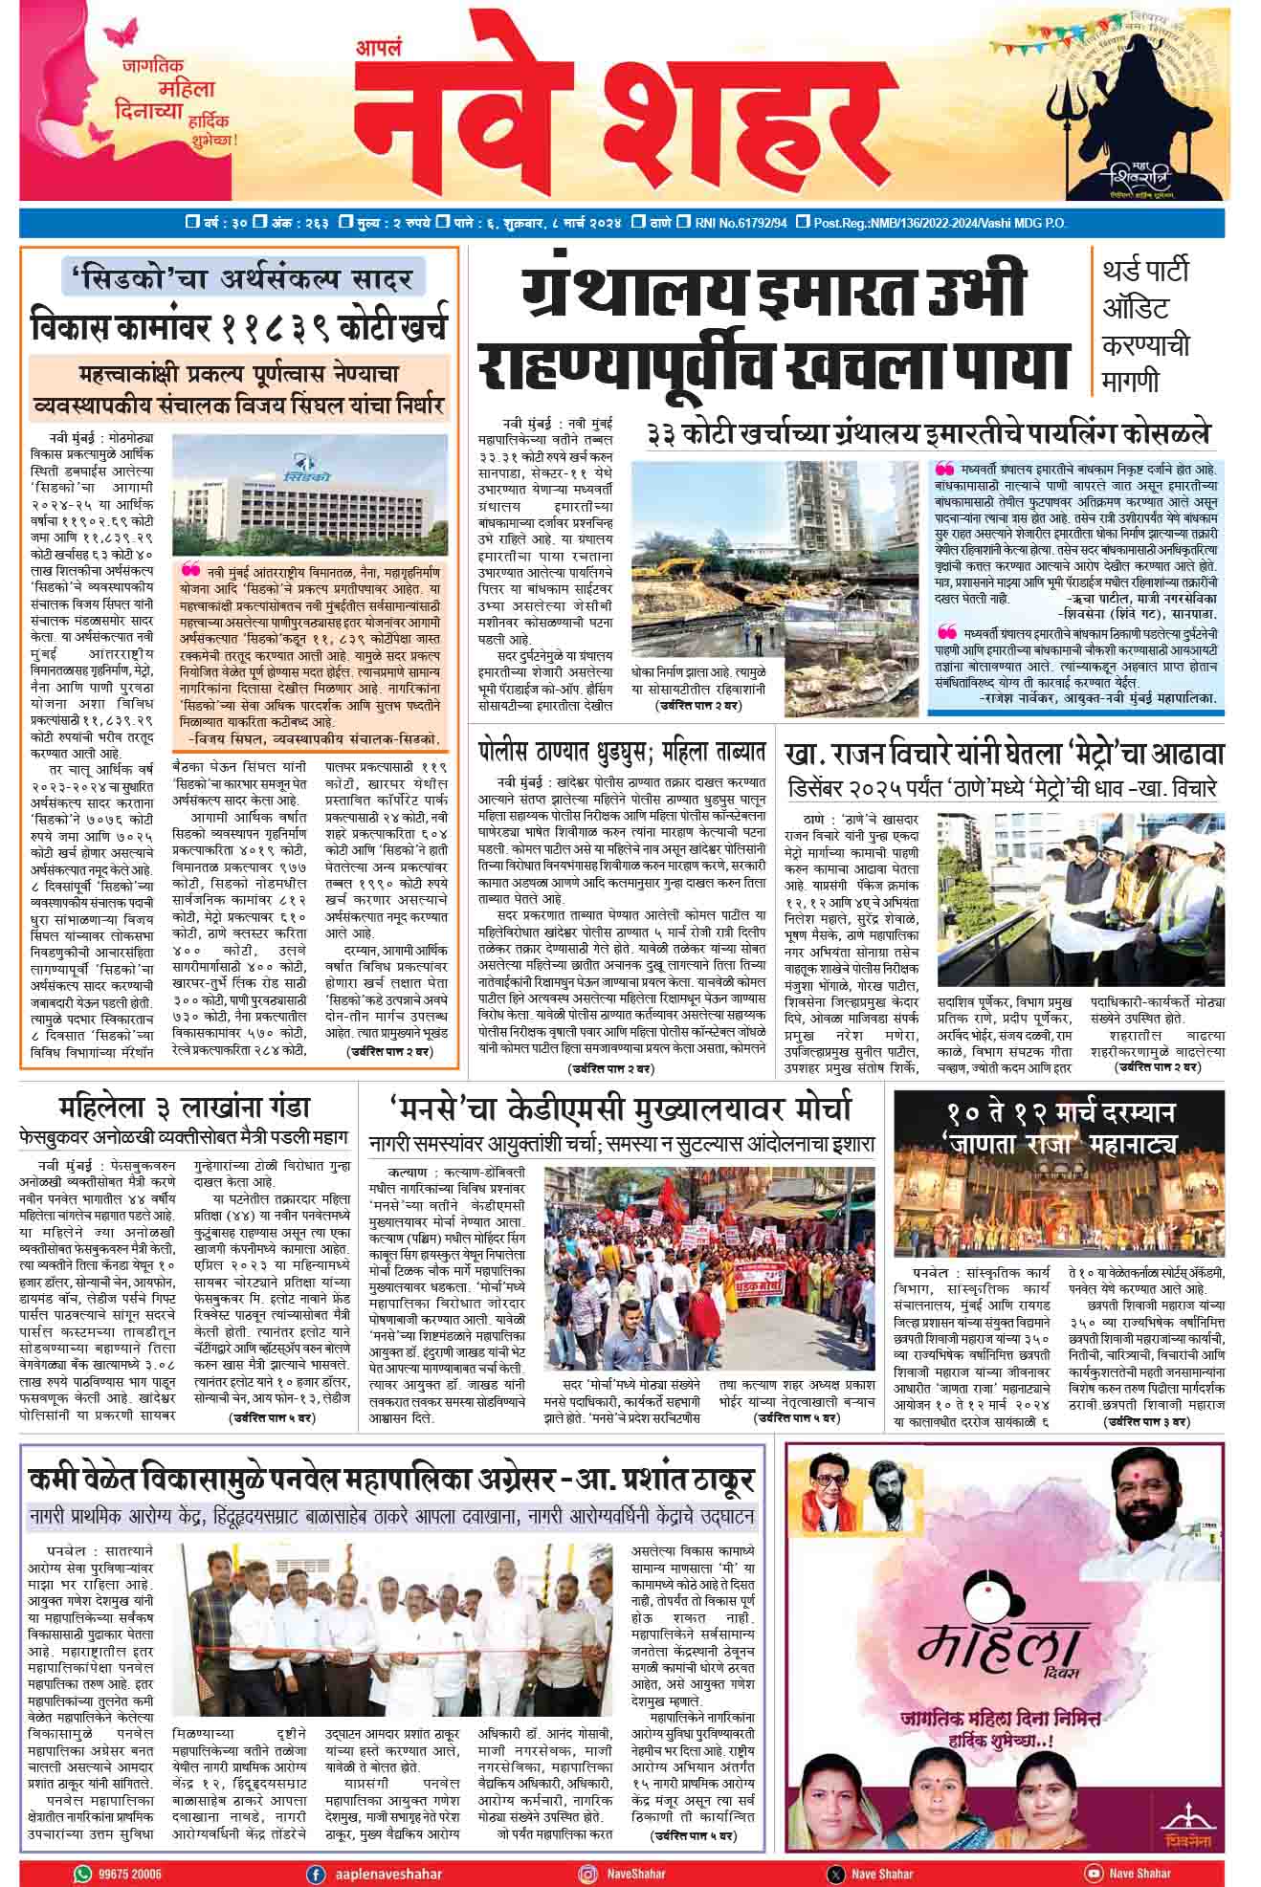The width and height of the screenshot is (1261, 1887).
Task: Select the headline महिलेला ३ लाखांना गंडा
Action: tap(185, 1108)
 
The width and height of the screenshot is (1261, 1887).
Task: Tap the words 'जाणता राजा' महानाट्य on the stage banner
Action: tap(1058, 1145)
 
